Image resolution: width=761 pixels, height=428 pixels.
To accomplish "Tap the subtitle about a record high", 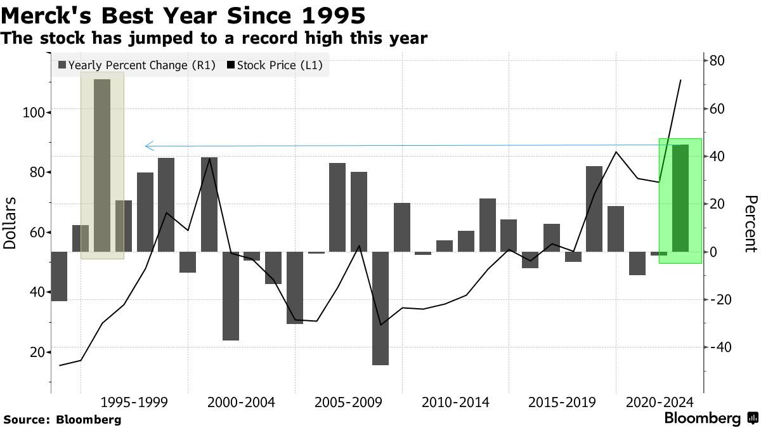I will pos(214,39).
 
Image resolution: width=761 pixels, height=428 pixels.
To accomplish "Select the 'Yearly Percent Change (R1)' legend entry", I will pos(136,65).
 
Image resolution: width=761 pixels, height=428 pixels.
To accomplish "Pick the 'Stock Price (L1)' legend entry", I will pos(275,65).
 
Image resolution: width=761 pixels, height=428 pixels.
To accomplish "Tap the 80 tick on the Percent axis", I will pos(717,61).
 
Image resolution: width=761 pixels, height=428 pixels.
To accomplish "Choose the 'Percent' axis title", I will pos(751,223).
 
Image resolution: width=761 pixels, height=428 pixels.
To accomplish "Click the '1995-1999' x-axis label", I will pos(134,402).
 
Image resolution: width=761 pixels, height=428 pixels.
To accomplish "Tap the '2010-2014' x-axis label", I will pos(455,402).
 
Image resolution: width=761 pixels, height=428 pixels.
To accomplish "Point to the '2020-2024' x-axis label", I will pos(660,402).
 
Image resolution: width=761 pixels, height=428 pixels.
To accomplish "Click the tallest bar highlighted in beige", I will pos(102,165).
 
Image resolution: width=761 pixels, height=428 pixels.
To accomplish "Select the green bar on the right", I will pos(680,198).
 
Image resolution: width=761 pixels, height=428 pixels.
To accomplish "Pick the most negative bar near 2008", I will pos(380,308).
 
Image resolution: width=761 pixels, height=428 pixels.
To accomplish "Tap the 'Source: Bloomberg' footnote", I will pos(62,419).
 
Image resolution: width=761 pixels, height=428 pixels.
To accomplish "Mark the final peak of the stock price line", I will pos(680,81).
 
